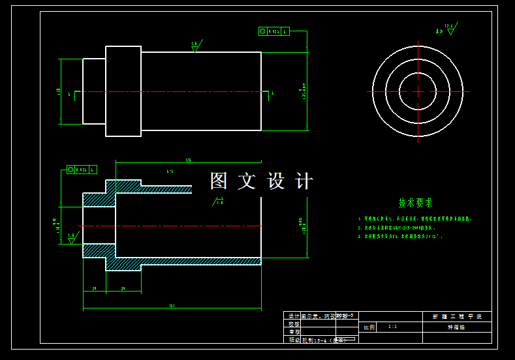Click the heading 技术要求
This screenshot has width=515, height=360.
(x=416, y=203)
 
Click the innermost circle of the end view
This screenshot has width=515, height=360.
(x=418, y=91)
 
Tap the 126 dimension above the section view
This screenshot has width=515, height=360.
(x=188, y=160)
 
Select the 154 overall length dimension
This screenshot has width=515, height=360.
(x=172, y=305)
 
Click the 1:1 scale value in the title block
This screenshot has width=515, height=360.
(x=392, y=327)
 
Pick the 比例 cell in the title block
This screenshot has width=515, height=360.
(x=369, y=327)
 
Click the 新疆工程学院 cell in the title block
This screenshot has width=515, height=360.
(x=457, y=316)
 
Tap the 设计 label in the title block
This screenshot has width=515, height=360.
(x=293, y=316)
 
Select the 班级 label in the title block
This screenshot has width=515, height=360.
(x=293, y=340)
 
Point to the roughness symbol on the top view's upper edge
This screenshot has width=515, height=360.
(x=195, y=46)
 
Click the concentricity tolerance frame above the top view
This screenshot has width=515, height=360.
(x=273, y=31)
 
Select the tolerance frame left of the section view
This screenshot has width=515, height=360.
(x=82, y=170)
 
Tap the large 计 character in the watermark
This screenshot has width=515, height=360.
(x=304, y=181)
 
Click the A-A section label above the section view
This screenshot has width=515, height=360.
(x=170, y=172)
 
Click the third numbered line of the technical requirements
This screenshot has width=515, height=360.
(x=400, y=237)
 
